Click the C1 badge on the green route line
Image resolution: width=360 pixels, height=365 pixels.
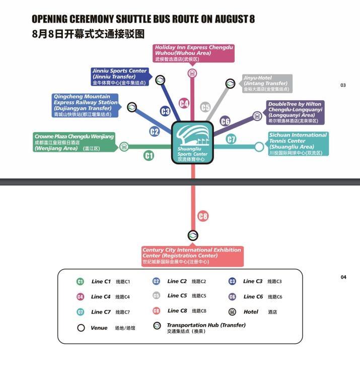(149, 156)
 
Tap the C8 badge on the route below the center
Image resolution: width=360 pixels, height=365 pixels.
(202, 216)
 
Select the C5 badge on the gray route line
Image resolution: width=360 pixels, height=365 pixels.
(205, 107)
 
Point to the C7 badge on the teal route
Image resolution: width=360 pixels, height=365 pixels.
(231, 139)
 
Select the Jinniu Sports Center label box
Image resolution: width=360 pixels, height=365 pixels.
(119, 77)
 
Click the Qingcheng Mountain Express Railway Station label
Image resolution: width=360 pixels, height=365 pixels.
(86, 105)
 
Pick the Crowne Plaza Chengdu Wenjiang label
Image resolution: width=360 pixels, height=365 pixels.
(74, 142)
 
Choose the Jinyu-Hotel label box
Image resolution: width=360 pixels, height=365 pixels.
(267, 84)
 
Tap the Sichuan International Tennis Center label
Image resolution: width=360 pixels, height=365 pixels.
(298, 144)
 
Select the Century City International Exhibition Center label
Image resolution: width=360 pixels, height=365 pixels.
(192, 256)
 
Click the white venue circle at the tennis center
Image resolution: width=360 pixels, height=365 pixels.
(259, 147)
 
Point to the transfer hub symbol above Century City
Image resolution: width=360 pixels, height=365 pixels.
(193, 235)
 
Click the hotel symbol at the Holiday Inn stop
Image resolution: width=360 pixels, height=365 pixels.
(192, 74)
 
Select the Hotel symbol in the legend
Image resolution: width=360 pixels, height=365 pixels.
(232, 312)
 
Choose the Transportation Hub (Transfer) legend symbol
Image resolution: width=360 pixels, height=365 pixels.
(157, 327)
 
